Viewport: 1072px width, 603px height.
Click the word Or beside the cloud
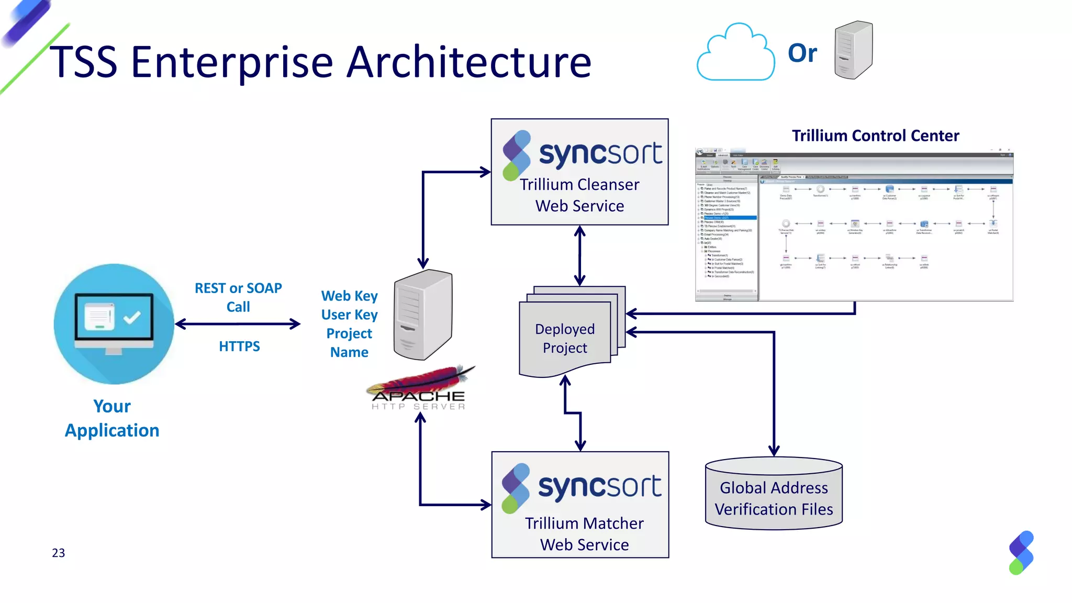click(802, 53)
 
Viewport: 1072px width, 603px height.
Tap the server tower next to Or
click(853, 50)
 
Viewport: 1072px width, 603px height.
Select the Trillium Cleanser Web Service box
click(579, 172)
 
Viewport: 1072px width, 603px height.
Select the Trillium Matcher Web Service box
click(580, 505)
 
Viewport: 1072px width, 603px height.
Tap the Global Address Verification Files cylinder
click(774, 494)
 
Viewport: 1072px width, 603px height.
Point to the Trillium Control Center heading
click(875, 136)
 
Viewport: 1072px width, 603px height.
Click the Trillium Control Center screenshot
click(854, 225)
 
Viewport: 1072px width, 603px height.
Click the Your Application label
click(112, 418)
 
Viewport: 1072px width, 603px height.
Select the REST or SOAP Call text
click(238, 297)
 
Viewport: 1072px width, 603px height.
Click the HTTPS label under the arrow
click(239, 346)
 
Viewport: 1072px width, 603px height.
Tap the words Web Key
click(349, 296)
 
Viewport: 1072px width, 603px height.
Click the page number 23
click(59, 553)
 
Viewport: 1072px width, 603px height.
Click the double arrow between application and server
click(238, 324)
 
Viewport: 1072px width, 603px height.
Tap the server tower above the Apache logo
click(423, 314)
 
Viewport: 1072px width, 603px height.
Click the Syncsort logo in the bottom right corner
click(1021, 553)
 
